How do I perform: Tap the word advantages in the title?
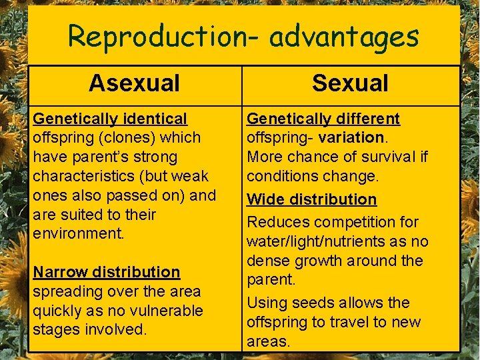[343, 37]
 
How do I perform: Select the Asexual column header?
[134, 83]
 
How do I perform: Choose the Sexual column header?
[350, 83]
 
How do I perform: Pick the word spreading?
[65, 291]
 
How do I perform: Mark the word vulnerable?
[163, 311]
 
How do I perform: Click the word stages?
[57, 330]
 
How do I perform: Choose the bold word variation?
[351, 138]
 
